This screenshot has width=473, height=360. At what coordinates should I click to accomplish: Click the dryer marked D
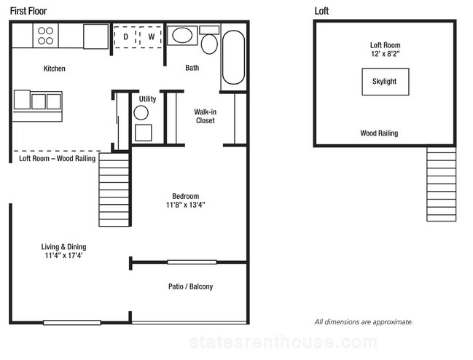pos(125,36)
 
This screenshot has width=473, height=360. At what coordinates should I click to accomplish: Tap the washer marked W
pos(151,36)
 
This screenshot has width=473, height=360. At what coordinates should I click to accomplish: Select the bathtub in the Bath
pos(233,58)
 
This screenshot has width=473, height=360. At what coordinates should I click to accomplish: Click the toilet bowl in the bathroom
pos(209,44)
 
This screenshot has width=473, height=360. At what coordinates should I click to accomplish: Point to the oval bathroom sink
pos(182,35)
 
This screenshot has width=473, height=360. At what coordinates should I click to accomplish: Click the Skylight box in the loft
pos(386,82)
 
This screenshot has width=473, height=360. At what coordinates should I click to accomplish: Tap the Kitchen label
pos(55,69)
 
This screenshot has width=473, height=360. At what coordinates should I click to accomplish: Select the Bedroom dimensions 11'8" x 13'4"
pos(186,205)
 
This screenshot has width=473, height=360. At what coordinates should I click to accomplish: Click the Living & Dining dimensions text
pos(63,256)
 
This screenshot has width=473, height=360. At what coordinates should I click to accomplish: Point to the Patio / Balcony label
pos(191,286)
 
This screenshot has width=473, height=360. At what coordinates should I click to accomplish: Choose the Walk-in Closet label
pos(205,116)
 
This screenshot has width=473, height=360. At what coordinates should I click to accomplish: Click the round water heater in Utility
pos(141,113)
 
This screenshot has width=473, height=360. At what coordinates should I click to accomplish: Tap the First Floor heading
pos(28,11)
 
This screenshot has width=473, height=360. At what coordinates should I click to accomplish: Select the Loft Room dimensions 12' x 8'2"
pos(386,54)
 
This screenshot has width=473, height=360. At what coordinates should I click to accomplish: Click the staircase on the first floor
pos(114,189)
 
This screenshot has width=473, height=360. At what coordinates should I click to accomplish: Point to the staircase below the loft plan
pos(442,184)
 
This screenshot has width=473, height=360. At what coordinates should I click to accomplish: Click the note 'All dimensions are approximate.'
pos(364,322)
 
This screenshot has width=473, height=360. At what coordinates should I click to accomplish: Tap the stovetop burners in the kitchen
pos(45,36)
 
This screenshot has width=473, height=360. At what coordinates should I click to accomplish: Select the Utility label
pos(147,99)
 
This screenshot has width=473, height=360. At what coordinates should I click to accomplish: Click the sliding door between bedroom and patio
pos(192,262)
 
